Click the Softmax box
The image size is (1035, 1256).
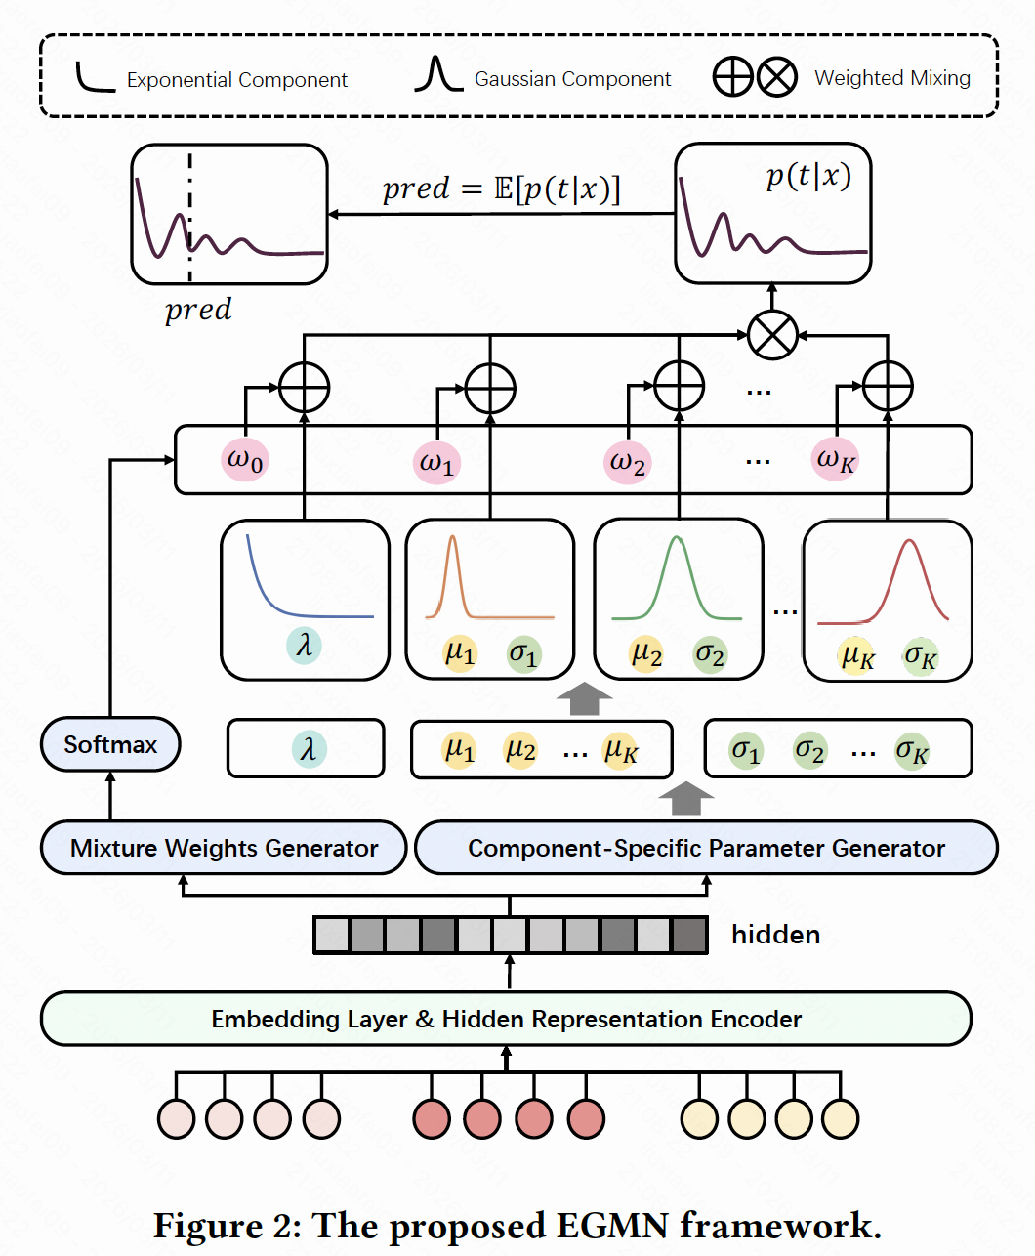coord(110,744)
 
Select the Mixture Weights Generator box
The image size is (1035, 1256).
coord(224,848)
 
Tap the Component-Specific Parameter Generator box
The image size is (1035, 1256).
coord(706,848)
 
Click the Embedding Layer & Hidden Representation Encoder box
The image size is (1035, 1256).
coord(506,1019)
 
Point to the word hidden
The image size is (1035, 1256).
coord(775,935)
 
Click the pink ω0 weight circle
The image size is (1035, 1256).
coord(244,459)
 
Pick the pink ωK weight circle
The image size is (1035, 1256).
coord(835,459)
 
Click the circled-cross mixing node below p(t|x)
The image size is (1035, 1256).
coord(772,335)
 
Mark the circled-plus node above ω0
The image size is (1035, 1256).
coord(305,388)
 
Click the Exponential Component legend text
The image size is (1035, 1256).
coord(237,80)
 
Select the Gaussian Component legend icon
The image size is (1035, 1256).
coord(437,75)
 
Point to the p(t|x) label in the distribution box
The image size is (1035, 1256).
coord(807,176)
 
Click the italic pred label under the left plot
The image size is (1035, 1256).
coord(198,310)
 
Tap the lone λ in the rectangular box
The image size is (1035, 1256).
coord(309,749)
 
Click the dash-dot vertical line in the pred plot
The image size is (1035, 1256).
coord(189,210)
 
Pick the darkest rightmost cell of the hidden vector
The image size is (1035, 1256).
coord(689,935)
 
